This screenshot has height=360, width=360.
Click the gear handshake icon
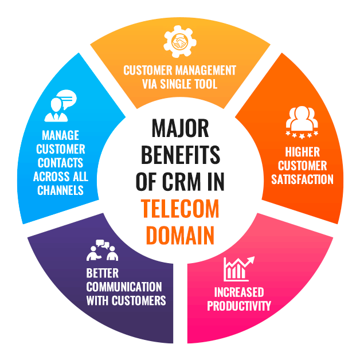[x=180, y=41]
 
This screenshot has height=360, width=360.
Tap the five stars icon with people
[x=302, y=122]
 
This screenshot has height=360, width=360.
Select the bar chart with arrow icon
[x=239, y=269]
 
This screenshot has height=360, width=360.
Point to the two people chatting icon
[x=103, y=251]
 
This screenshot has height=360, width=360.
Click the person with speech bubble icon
[x=60, y=105]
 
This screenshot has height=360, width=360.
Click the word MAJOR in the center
[x=180, y=128]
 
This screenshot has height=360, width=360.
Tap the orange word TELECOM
[x=180, y=209]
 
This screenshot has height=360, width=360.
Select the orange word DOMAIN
[x=180, y=236]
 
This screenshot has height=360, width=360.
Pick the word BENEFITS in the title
[x=180, y=155]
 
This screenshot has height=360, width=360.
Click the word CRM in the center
[x=181, y=182]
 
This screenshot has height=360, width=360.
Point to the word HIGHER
[x=302, y=152]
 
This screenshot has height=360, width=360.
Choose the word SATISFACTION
[x=302, y=179]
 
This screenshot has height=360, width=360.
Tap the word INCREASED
[x=239, y=292]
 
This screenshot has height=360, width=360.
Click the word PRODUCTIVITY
[x=239, y=306]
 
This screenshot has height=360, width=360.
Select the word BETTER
[x=103, y=273]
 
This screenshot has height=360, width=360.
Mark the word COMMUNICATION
[x=124, y=287]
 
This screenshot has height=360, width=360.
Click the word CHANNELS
[x=60, y=190]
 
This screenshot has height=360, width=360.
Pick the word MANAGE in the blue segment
[x=60, y=135]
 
